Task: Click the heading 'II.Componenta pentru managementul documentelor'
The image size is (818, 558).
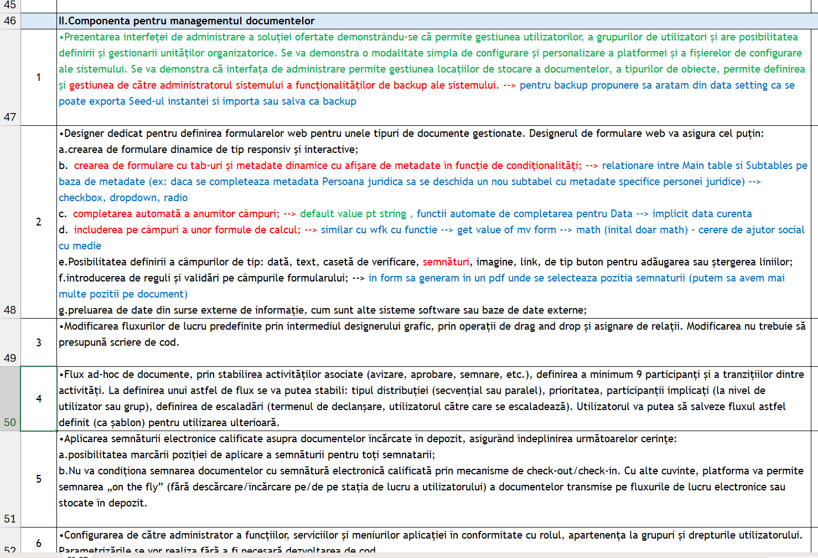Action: (187, 21)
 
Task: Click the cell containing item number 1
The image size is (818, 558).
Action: (39, 77)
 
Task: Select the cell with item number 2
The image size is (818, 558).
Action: (39, 222)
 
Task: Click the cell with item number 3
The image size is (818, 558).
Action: (39, 342)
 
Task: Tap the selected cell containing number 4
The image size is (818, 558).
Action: (39, 398)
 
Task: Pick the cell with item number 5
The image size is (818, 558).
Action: (39, 479)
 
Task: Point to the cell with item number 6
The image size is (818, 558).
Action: (39, 543)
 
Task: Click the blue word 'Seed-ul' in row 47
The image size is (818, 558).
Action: (147, 101)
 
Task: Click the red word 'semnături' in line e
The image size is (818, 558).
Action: (446, 262)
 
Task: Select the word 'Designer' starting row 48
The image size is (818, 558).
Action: (86, 134)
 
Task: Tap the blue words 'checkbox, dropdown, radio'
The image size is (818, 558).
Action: (123, 198)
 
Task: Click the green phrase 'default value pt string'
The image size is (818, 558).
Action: (353, 214)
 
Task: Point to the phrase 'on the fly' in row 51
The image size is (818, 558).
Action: (135, 487)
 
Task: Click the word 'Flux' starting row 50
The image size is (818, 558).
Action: (75, 375)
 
